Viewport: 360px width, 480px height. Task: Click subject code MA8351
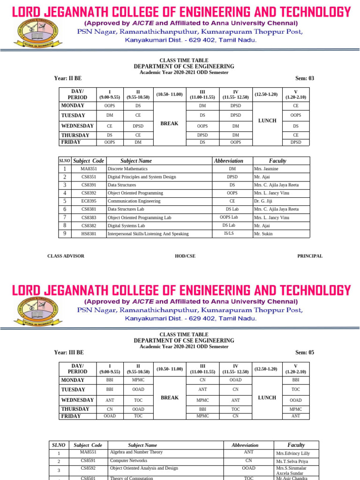[x=89, y=169]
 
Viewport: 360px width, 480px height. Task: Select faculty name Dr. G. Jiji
[x=262, y=201]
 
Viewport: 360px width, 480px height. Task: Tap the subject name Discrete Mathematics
[x=127, y=169]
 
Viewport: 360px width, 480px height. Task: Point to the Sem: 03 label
[x=305, y=78]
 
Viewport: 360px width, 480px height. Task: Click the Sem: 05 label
[x=305, y=352]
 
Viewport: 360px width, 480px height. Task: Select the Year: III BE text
[x=69, y=352]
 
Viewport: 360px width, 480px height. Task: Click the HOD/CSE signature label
[x=185, y=256]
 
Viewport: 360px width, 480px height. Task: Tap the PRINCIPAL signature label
[x=310, y=256]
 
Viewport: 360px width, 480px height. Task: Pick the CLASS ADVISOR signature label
[x=66, y=256]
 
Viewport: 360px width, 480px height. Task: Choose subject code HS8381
[x=89, y=233]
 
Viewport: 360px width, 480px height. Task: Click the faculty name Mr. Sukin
[x=263, y=233]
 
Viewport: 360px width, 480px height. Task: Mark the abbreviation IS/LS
[x=229, y=233]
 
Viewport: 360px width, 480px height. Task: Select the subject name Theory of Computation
[x=134, y=477]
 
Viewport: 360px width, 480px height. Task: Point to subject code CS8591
[x=88, y=461]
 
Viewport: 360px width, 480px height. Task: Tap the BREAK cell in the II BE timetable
[x=169, y=123]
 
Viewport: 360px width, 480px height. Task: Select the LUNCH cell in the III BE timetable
[x=267, y=397]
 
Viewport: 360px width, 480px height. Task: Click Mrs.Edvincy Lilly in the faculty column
[x=293, y=454]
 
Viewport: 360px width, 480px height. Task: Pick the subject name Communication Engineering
[x=134, y=201]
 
